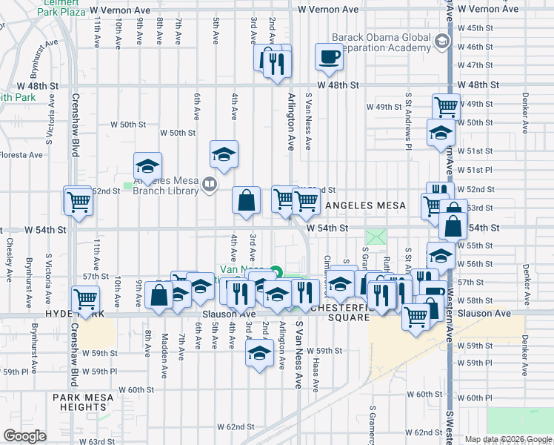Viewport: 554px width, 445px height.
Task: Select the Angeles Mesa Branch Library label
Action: tap(166, 185)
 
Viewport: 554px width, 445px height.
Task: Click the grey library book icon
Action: tap(210, 185)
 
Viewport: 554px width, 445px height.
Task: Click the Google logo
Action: tap(24, 436)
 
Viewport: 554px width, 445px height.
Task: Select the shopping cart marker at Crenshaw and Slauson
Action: tap(85, 300)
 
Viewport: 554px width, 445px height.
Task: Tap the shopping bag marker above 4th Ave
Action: tap(246, 200)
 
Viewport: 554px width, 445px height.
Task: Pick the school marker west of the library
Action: tap(147, 166)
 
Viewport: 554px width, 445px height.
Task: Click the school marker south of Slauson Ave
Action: tap(259, 353)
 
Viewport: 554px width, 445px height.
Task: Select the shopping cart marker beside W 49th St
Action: tap(445, 106)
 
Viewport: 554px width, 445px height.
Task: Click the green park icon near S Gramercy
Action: tap(377, 237)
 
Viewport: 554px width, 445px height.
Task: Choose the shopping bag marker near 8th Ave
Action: tap(158, 294)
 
